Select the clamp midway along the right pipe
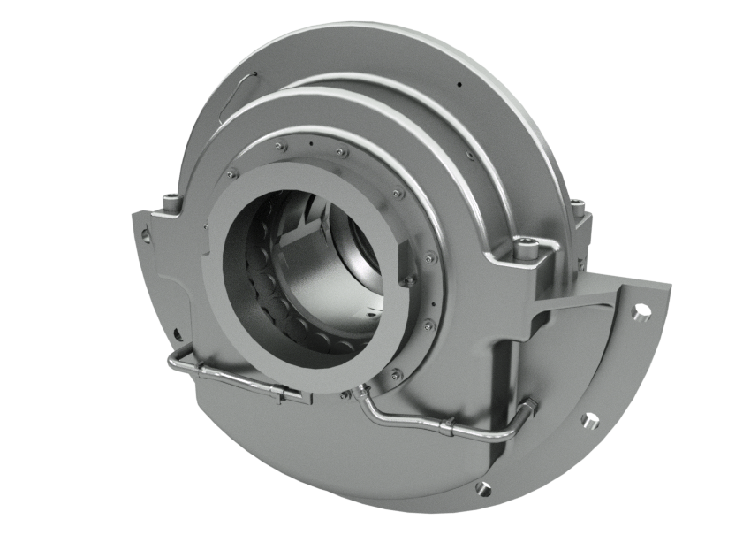(449, 432)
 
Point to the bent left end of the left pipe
(171, 363)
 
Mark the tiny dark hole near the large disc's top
(460, 85)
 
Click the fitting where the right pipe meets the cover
(360, 389)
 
